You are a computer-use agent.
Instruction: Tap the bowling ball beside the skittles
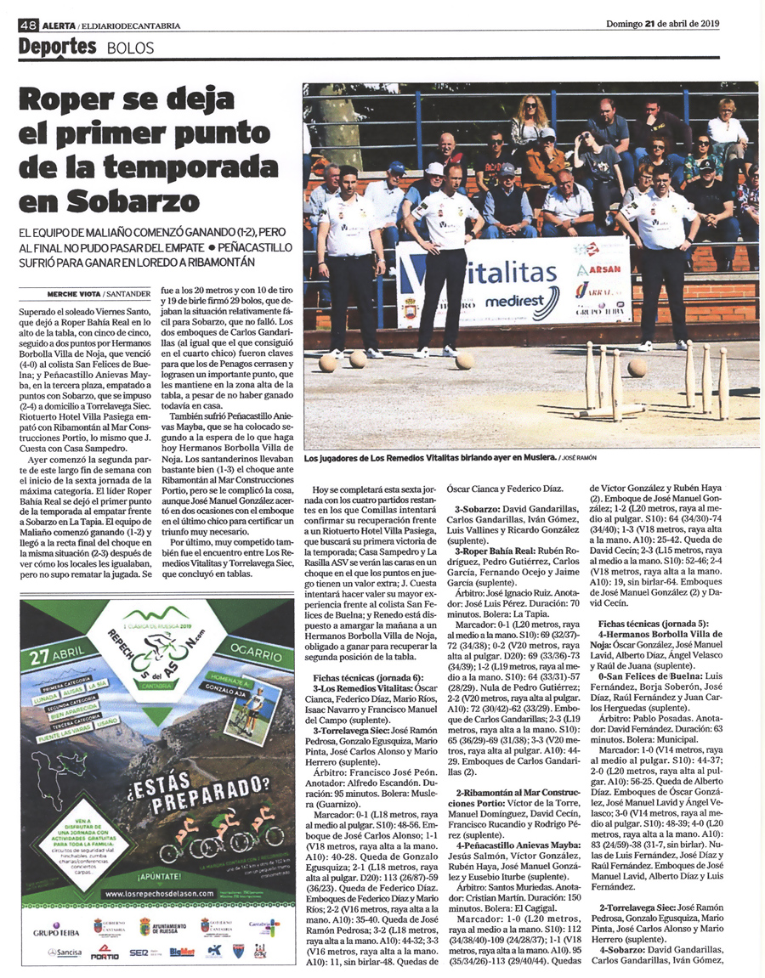637,367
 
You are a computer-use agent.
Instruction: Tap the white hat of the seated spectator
434,168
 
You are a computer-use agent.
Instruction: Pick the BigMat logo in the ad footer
182,953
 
